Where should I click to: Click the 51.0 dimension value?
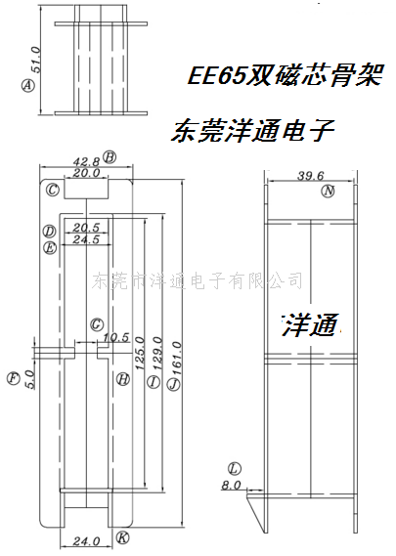pyautogui.click(x=36, y=60)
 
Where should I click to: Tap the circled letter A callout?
pyautogui.click(x=28, y=85)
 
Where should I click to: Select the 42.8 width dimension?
pyautogui.click(x=87, y=162)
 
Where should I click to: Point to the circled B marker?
pyautogui.click(x=110, y=157)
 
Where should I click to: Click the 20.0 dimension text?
pyautogui.click(x=87, y=173)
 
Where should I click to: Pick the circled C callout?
pyautogui.click(x=53, y=191)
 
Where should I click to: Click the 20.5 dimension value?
pyautogui.click(x=86, y=228)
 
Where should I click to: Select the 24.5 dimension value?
pyautogui.click(x=86, y=239)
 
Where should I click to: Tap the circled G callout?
pyautogui.click(x=97, y=324)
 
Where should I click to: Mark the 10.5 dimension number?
pyautogui.click(x=116, y=337)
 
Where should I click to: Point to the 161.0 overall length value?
pyautogui.click(x=177, y=359)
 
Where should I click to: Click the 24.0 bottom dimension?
pyautogui.click(x=87, y=541)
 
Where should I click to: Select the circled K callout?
pyautogui.click(x=122, y=537)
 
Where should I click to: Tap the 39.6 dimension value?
pyautogui.click(x=311, y=176)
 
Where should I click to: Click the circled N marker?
pyautogui.click(x=328, y=192)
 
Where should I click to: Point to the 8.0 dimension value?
pyautogui.click(x=231, y=485)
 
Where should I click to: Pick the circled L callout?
pyautogui.click(x=235, y=469)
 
